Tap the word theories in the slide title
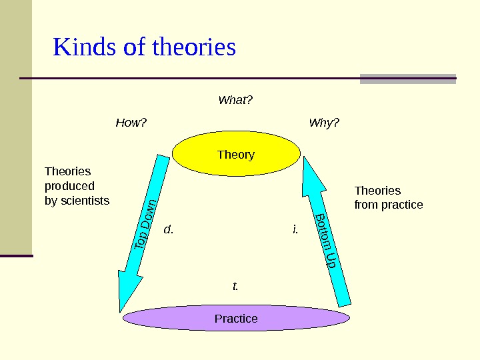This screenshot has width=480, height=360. click(194, 48)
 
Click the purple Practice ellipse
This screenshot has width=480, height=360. click(167, 319)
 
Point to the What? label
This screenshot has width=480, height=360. click(236, 101)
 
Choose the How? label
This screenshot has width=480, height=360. click(131, 123)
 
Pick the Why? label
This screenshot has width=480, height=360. click(324, 123)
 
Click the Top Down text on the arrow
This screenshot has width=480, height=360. click(146, 225)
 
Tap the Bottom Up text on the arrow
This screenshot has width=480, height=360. click(325, 241)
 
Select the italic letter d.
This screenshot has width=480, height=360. click(168, 230)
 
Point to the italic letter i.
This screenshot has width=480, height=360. click(295, 230)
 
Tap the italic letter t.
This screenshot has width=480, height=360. click(235, 287)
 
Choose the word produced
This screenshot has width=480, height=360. click(69, 186)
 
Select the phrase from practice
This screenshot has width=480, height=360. click(389, 205)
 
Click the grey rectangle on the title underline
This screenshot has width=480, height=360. click(407, 79)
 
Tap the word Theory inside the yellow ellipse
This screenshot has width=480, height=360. click(236, 155)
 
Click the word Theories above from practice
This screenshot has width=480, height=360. click(377, 191)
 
